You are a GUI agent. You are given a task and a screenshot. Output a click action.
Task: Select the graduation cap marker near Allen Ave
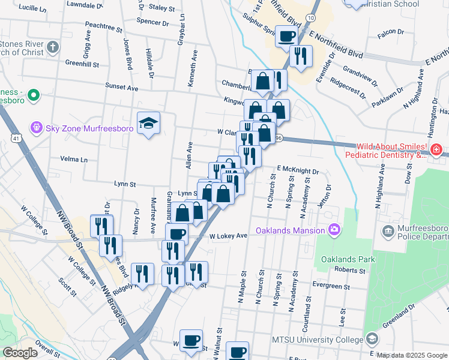click(148, 124)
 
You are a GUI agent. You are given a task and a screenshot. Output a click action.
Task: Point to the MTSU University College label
click(318, 340)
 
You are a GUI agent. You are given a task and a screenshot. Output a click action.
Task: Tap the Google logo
click(20, 353)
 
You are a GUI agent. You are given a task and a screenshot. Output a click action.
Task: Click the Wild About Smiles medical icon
click(436, 149)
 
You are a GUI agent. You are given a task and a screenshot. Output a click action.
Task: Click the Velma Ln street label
click(74, 160)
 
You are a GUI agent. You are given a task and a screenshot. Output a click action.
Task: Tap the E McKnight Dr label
click(297, 170)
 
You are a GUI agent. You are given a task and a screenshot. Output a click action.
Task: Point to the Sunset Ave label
click(122, 87)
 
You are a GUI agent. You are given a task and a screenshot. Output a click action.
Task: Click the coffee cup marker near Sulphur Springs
click(286, 35)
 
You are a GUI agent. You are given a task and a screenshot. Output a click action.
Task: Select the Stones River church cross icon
click(53, 47)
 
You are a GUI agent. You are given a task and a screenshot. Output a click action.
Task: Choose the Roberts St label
click(350, 270)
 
